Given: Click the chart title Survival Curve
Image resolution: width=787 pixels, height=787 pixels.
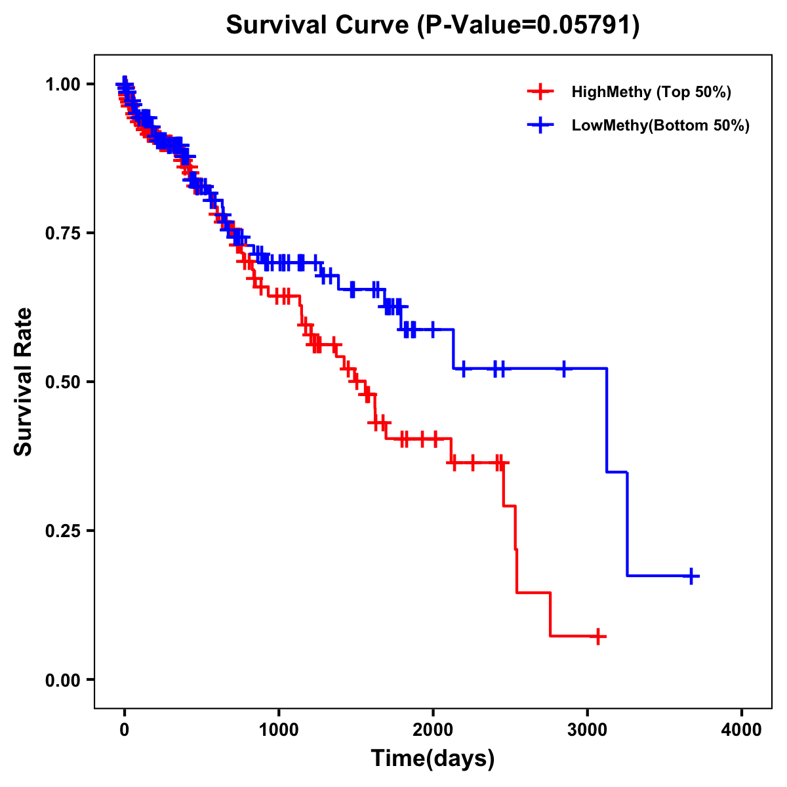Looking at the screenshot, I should (x=319, y=26).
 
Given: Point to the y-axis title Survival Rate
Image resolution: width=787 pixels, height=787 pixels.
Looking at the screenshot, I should (x=24, y=381).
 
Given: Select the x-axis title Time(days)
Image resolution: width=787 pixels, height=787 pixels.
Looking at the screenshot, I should (x=433, y=758).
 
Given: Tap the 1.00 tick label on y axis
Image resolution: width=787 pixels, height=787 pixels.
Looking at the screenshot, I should (x=63, y=84).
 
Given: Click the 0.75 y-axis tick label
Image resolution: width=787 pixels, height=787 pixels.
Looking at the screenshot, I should (x=63, y=233).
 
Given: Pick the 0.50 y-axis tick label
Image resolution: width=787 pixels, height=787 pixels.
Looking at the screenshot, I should (x=63, y=382).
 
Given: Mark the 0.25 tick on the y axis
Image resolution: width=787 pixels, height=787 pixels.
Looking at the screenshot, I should (x=63, y=531).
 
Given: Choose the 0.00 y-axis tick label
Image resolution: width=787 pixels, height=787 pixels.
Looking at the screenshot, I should (x=63, y=679).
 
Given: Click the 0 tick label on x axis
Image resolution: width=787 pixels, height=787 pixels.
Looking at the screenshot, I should (x=125, y=730).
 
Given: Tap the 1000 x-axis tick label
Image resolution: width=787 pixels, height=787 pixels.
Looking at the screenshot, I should (x=279, y=730).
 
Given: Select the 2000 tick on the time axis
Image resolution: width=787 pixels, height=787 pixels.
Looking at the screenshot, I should (x=433, y=730).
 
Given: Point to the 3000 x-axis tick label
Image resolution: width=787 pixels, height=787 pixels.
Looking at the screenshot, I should (x=588, y=730).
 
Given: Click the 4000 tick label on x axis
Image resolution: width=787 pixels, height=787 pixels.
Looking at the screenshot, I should (x=742, y=730).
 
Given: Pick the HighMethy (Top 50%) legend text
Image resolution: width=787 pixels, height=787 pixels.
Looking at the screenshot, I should (x=651, y=92).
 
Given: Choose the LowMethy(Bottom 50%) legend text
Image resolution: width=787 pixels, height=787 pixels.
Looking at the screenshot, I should (x=660, y=125).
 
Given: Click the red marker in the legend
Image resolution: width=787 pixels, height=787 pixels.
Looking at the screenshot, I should (x=540, y=92).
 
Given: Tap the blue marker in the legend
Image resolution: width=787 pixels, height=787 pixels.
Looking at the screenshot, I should (x=540, y=125).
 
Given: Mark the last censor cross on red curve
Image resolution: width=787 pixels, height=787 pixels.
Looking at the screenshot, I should (x=597, y=636).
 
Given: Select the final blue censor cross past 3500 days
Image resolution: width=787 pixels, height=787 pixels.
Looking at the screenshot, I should (x=691, y=576).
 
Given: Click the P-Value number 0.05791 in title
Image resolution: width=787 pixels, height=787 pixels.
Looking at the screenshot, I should (x=586, y=26).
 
